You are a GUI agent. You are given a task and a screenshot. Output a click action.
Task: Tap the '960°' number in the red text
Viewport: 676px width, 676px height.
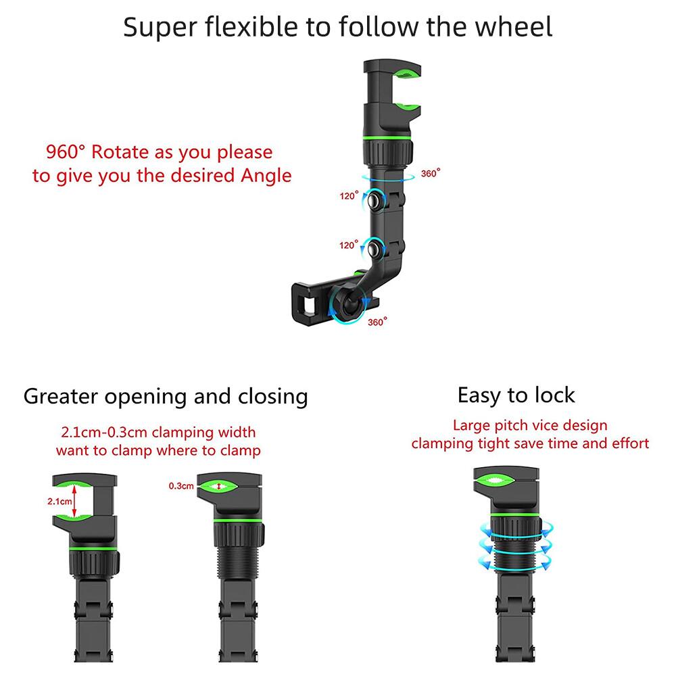[66, 151]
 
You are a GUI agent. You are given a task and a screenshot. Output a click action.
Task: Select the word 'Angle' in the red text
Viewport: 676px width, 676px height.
[266, 176]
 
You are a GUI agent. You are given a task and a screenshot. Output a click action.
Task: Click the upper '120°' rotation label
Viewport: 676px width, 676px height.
[349, 196]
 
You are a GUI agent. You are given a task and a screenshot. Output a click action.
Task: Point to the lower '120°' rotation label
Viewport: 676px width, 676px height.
[348, 245]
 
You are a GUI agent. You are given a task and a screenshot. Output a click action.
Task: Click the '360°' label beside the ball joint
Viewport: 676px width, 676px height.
[377, 322]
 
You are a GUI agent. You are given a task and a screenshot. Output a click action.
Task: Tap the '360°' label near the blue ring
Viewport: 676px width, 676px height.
[431, 173]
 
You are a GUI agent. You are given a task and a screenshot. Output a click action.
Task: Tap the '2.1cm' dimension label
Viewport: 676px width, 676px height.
[59, 502]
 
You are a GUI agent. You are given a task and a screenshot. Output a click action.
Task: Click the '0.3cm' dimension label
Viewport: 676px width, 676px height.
[181, 486]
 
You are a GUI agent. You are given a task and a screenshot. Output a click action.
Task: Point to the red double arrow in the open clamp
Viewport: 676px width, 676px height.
[74, 501]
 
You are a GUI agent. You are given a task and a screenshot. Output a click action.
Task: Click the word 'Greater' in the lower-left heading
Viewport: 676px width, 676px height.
[62, 397]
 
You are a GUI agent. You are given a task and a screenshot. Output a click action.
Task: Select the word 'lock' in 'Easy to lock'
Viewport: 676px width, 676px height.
[554, 395]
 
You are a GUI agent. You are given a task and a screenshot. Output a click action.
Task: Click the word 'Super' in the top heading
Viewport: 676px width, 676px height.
[161, 28]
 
